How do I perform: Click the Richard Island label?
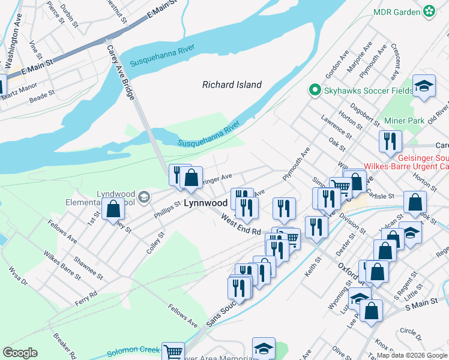click(x=232, y=85)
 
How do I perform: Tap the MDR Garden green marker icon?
click(x=429, y=11)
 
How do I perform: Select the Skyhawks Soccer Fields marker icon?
click(x=313, y=91)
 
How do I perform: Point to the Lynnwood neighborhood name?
click(x=205, y=203)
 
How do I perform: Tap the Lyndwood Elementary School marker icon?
click(x=143, y=197)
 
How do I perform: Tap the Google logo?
click(x=20, y=353)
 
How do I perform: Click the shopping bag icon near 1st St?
click(x=113, y=209)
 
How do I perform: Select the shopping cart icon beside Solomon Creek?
click(x=173, y=351)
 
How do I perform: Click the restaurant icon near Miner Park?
click(x=390, y=142)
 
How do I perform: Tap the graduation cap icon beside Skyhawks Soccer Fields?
click(x=424, y=87)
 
